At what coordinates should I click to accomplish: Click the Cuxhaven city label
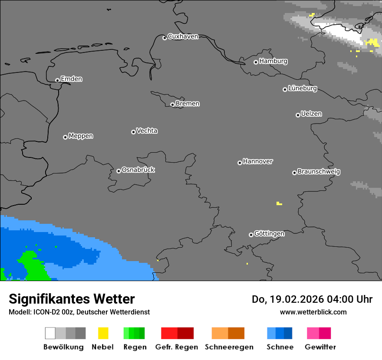click(x=183, y=36)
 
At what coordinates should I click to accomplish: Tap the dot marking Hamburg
click(x=256, y=62)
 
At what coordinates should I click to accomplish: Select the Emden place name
click(x=71, y=79)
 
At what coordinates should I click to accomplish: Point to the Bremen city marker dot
click(x=172, y=105)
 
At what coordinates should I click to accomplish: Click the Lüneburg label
click(x=302, y=88)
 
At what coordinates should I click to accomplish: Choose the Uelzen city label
click(x=311, y=114)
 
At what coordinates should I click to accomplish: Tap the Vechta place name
click(x=147, y=131)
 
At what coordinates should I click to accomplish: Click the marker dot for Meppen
click(x=65, y=137)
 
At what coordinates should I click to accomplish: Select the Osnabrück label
click(x=138, y=170)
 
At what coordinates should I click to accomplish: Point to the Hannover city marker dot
click(x=240, y=163)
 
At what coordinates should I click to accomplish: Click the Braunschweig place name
click(x=319, y=171)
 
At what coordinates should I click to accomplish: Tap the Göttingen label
click(x=269, y=233)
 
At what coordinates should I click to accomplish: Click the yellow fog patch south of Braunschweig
click(x=279, y=203)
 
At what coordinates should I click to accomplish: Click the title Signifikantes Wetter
click(x=72, y=299)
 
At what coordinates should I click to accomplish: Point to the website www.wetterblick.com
click(x=313, y=312)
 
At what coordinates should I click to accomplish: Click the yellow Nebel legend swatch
click(x=103, y=333)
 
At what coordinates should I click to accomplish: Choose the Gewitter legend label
click(x=320, y=347)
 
